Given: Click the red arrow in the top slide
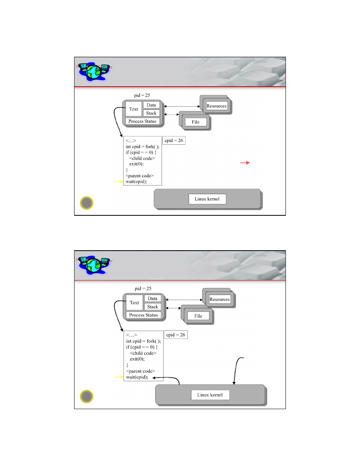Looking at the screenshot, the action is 245,162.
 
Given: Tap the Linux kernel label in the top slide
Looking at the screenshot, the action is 207,199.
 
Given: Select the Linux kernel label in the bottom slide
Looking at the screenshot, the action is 210,395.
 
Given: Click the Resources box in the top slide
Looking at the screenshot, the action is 216,106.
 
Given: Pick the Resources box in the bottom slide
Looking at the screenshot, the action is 220,299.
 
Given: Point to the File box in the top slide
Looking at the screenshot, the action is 195,122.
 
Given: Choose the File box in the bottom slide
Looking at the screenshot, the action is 198,316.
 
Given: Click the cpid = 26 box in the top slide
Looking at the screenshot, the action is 174,140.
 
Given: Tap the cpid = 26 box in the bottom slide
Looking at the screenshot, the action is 176,335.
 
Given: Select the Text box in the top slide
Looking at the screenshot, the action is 133,109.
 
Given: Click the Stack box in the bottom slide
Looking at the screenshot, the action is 153,307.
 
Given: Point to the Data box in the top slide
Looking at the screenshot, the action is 151,105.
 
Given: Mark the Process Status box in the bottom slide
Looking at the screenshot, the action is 144,315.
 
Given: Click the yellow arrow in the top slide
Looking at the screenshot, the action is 118,181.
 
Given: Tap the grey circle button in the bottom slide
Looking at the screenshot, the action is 86,397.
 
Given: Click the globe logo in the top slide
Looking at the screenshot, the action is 94,72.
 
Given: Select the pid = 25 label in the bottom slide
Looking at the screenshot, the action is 143,288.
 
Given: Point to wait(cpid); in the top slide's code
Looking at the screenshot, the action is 136,182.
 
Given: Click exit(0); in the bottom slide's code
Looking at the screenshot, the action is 137,359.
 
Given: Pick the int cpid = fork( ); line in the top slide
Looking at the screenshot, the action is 142,147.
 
